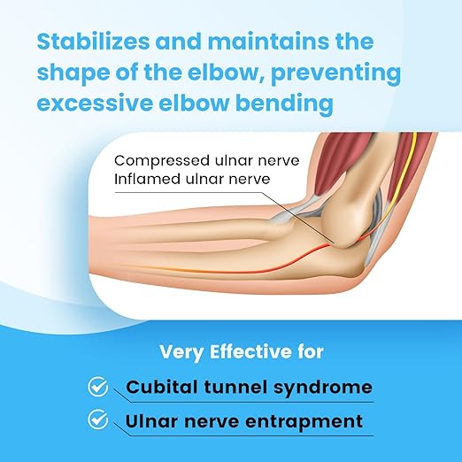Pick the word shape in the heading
click(73, 73)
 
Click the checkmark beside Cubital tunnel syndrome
click(99, 387)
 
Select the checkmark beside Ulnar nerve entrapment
click(99, 420)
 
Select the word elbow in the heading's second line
click(187, 73)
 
